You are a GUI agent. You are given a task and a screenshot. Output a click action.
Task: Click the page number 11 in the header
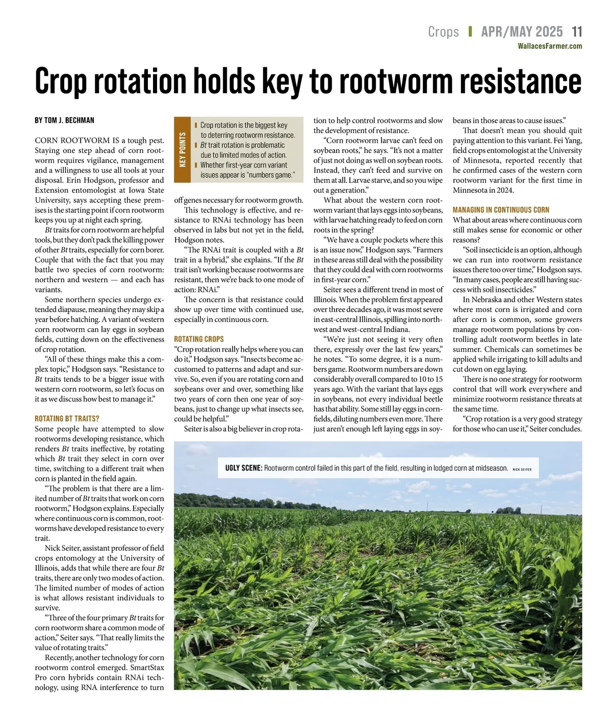pyautogui.click(x=576, y=32)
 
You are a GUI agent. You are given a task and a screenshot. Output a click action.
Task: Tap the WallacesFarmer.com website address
pyautogui.click(x=549, y=46)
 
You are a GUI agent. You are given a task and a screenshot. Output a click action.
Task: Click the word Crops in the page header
pyautogui.click(x=443, y=32)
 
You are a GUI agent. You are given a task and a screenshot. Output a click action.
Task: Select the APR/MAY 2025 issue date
pyautogui.click(x=522, y=32)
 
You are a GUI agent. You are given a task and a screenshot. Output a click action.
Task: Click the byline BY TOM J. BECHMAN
pyautogui.click(x=64, y=121)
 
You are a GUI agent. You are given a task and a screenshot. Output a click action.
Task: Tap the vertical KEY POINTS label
pyautogui.click(x=182, y=150)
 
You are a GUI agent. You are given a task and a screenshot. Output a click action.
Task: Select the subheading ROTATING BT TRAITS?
pyautogui.click(x=67, y=418)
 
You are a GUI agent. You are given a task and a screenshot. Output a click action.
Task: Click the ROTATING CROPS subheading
pyautogui.click(x=199, y=339)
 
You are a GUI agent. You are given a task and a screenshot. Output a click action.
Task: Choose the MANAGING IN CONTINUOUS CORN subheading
pyautogui.click(x=501, y=209)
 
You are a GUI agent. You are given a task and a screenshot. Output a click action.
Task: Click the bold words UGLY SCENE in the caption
pyautogui.click(x=244, y=468)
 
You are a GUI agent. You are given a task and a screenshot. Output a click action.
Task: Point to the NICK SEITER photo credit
pyautogui.click(x=522, y=469)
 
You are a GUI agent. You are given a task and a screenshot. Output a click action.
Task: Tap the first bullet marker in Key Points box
pyautogui.click(x=196, y=125)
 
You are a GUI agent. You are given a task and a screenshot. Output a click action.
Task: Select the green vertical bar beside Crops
pyautogui.click(x=470, y=32)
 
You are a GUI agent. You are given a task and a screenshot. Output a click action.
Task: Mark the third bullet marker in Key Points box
pyautogui.click(x=196, y=165)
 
